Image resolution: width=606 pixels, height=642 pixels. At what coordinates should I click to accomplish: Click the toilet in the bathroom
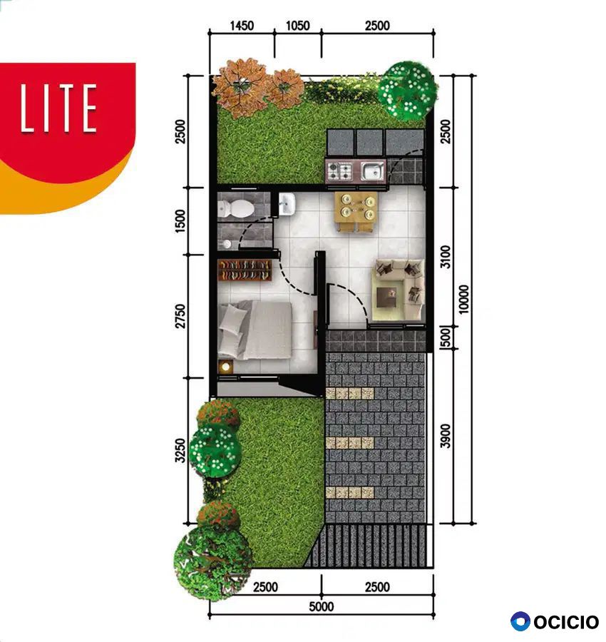[x=235, y=208]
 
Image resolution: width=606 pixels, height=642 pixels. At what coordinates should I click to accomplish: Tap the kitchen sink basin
[x=372, y=170]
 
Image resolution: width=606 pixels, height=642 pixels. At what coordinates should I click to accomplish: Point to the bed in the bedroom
[x=255, y=330]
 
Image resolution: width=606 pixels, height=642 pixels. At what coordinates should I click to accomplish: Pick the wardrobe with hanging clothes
[x=245, y=270]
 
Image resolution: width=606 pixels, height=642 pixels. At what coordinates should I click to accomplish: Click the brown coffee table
[x=386, y=297]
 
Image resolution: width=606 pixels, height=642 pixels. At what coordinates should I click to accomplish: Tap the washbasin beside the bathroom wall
[x=287, y=204]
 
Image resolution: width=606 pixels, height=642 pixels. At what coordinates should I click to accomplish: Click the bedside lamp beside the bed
[x=225, y=367]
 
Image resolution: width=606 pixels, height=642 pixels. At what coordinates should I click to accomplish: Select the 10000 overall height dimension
[x=463, y=300]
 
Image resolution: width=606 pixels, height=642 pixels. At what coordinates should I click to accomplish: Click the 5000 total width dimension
[x=322, y=606]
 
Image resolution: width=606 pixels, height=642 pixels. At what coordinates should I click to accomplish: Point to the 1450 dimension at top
[x=242, y=26]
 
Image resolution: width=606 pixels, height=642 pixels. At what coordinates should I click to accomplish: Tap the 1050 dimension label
[x=297, y=26]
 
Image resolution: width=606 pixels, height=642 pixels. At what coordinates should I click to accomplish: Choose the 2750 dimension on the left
[x=180, y=316]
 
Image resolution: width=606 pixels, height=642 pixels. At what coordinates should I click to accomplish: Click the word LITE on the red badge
[x=59, y=108]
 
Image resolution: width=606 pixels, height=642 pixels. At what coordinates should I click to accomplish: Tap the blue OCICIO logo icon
[x=520, y=621]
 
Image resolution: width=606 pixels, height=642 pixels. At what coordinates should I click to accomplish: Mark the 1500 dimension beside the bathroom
[x=180, y=221]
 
